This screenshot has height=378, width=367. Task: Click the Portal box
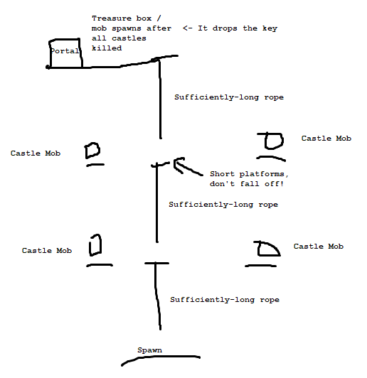pos(65,53)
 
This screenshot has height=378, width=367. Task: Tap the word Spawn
pos(149,350)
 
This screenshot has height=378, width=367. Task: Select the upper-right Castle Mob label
pos(326,138)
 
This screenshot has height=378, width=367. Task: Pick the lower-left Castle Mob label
pos(47,250)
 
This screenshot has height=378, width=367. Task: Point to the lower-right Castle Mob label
pos(319,246)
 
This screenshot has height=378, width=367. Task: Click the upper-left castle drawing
pos(92,151)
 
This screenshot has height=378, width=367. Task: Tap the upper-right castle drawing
pos(271,141)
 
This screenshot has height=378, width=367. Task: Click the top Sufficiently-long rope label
pos(229,97)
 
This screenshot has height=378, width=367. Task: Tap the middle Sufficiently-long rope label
pos(223,204)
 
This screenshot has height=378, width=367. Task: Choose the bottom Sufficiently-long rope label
pos(225,299)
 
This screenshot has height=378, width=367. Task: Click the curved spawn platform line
pos(161,357)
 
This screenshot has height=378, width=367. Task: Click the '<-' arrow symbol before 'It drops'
pos(187,28)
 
